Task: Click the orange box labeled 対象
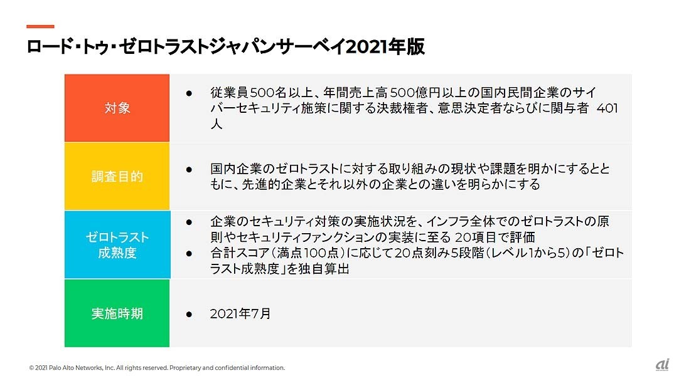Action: (117, 108)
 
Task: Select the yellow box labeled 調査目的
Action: (117, 176)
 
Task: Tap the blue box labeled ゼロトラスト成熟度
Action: (117, 244)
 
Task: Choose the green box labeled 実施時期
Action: (117, 313)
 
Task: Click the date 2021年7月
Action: (240, 314)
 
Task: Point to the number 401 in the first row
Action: (607, 108)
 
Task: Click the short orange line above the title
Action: (40, 26)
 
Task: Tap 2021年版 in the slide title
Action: (385, 46)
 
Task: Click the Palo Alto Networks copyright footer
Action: (157, 368)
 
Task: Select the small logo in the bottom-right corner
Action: (663, 365)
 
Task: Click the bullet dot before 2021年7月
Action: (189, 314)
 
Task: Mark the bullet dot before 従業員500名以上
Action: (189, 93)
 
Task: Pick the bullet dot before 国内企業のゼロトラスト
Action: (189, 170)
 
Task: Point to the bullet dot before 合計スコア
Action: (189, 253)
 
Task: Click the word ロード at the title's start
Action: (48, 46)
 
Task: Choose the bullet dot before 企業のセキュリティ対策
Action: (189, 222)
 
